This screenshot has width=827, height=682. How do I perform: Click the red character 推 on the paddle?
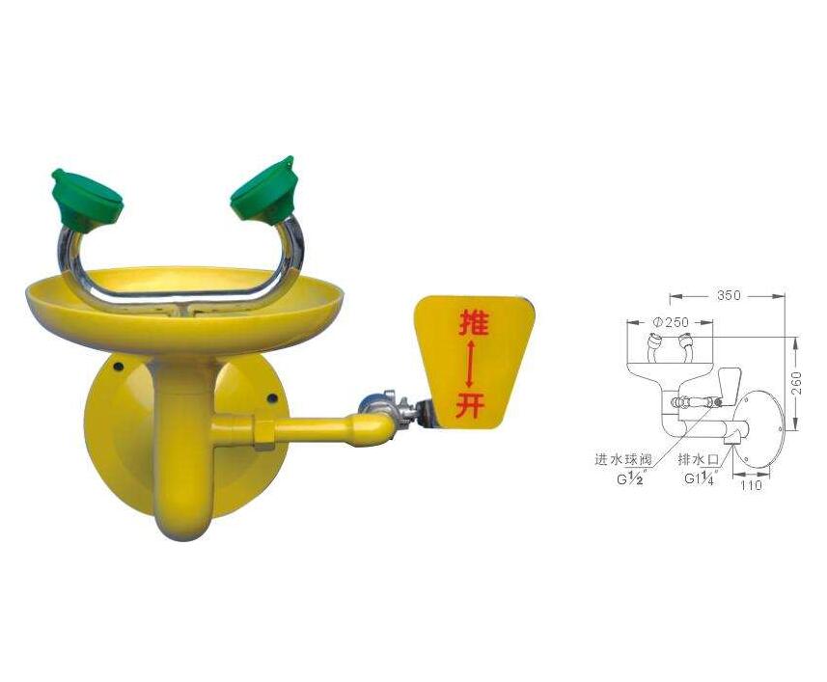[473, 322]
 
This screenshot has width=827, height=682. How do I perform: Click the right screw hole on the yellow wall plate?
[272, 398]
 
